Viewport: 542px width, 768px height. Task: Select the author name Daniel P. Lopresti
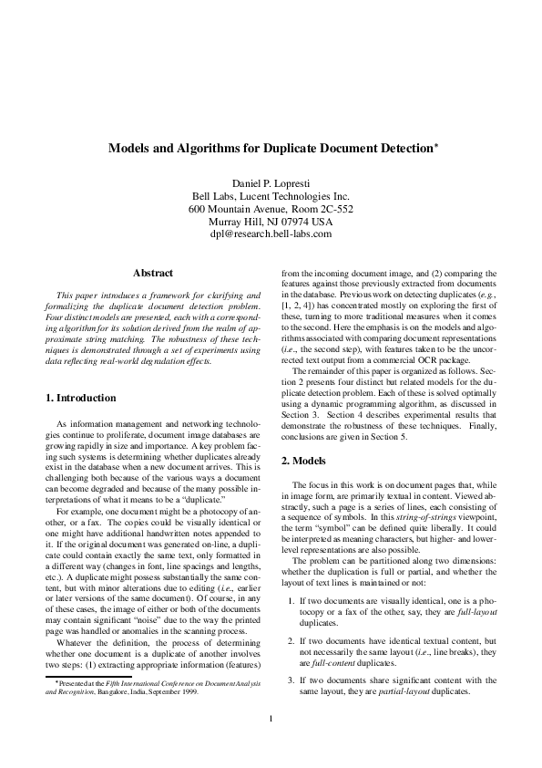(x=271, y=182)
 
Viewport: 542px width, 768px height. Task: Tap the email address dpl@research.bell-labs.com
(x=271, y=234)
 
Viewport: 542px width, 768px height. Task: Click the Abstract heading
(x=153, y=272)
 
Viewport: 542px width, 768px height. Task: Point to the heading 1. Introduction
(x=81, y=398)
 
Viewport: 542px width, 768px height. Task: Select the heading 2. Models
(x=308, y=461)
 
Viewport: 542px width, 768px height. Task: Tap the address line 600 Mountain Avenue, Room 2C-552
(x=271, y=208)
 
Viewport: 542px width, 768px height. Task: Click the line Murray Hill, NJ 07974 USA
(x=271, y=221)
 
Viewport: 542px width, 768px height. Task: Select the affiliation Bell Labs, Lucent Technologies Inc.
(x=271, y=195)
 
